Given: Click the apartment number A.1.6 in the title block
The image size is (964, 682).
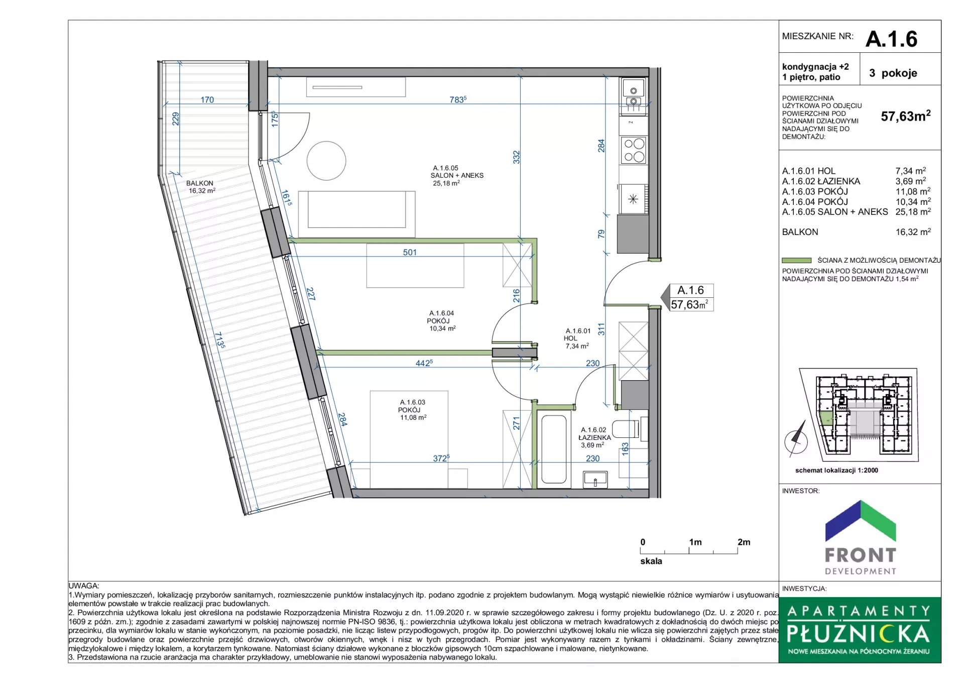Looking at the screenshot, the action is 891,39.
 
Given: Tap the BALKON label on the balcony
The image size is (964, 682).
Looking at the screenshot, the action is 200,183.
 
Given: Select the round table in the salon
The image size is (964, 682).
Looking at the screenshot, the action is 326,161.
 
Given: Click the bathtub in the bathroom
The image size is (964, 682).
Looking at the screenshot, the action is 554,449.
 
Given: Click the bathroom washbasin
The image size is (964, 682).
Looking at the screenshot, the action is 595,479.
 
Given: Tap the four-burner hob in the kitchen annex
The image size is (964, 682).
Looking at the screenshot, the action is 634,150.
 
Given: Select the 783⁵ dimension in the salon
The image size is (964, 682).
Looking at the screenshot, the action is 458,99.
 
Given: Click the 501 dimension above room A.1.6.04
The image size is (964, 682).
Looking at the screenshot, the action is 410,252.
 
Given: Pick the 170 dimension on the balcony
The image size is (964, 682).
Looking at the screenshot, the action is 207,100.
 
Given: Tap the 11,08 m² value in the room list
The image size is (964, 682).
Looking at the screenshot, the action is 913,191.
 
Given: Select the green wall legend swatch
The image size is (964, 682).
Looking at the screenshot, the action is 797,260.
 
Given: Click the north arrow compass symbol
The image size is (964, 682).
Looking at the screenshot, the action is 796,439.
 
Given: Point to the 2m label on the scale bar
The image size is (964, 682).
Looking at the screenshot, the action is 744,542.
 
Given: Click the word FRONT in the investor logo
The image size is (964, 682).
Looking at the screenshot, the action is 861,555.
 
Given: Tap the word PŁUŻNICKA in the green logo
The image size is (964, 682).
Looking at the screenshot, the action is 859,634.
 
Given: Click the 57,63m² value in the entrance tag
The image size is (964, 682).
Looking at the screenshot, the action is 690,304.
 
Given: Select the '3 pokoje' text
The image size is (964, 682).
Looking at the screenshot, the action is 893,73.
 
